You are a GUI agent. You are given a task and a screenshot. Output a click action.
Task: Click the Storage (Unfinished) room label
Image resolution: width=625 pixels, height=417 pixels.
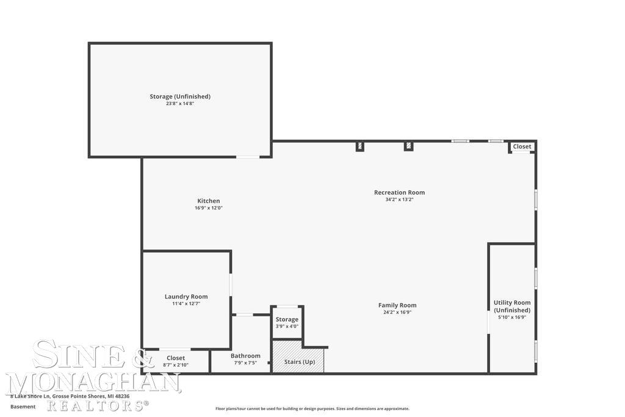pyautogui.click(x=180, y=96)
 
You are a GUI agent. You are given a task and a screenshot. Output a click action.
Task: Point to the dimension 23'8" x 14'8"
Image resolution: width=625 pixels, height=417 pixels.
pyautogui.click(x=180, y=104)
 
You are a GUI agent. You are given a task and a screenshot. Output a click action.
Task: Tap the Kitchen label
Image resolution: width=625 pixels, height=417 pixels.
pyautogui.click(x=209, y=201)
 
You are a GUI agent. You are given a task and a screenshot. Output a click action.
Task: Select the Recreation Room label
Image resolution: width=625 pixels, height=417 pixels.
pyautogui.click(x=399, y=192)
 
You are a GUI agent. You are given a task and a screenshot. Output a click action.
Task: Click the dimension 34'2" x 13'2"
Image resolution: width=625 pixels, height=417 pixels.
pyautogui.click(x=399, y=200)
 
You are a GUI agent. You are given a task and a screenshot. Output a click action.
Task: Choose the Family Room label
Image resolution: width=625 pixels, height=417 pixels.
pyautogui.click(x=397, y=305)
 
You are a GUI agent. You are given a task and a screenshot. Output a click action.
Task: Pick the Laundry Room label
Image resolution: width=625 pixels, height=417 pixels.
pyautogui.click(x=186, y=297)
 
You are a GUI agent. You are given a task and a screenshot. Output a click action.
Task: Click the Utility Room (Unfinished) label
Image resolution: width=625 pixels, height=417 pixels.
pyautogui.click(x=512, y=306)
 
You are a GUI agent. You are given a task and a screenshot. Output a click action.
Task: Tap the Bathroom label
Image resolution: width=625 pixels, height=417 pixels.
pyautogui.click(x=245, y=356)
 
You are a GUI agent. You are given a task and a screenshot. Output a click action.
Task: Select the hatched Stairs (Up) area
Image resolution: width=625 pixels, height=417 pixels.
pyautogui.click(x=298, y=357)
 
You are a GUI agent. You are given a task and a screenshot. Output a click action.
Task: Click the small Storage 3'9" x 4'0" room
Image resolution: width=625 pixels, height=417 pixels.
pyautogui.click(x=287, y=322)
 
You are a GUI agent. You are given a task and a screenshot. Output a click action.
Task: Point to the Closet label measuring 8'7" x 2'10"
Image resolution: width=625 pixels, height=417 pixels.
pyautogui.click(x=176, y=358)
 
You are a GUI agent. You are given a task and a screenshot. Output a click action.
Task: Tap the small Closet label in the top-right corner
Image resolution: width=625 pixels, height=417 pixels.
pyautogui.click(x=522, y=147)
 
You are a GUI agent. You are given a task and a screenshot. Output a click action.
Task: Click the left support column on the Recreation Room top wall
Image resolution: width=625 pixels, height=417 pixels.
pyautogui.click(x=360, y=146)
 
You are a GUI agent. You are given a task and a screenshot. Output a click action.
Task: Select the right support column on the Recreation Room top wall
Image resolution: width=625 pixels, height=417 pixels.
pyautogui.click(x=408, y=146)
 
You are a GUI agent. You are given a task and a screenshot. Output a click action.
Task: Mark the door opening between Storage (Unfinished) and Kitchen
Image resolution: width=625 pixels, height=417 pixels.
pyautogui.click(x=248, y=157)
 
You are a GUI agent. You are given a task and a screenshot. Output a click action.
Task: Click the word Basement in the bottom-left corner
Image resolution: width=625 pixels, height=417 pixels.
pyautogui.click(x=23, y=406)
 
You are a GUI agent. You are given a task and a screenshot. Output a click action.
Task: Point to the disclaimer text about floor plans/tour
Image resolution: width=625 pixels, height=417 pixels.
pyautogui.click(x=312, y=408)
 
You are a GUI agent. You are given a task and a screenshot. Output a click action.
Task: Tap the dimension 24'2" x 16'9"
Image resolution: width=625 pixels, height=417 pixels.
pyautogui.click(x=397, y=313)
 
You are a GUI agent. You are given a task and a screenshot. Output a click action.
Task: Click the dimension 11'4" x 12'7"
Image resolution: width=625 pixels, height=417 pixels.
pyautogui.click(x=186, y=303)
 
